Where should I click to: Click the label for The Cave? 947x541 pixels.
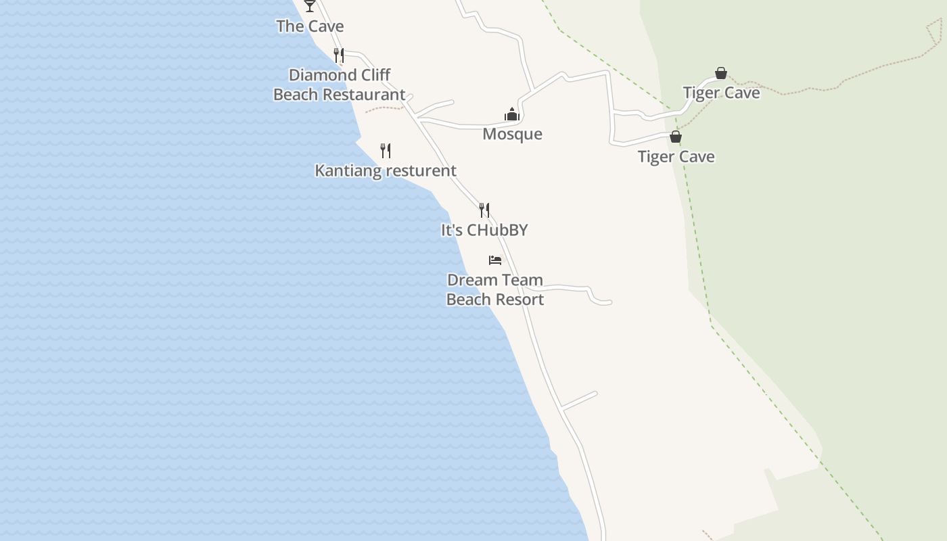pyautogui.click(x=310, y=26)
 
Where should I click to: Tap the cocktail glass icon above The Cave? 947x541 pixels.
pyautogui.click(x=310, y=5)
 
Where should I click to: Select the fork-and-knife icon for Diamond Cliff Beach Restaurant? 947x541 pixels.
pyautogui.click(x=339, y=55)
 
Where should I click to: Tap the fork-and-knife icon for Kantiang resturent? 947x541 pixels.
pyautogui.click(x=386, y=150)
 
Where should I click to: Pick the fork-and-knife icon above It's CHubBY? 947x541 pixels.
pyautogui.click(x=484, y=210)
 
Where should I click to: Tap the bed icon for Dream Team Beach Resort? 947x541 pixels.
pyautogui.click(x=495, y=260)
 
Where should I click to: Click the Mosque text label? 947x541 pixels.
pyautogui.click(x=512, y=134)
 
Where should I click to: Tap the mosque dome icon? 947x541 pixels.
pyautogui.click(x=512, y=114)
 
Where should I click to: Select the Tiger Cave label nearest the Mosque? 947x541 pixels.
pyautogui.click(x=676, y=157)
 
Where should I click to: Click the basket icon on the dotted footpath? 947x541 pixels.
pyautogui.click(x=721, y=73)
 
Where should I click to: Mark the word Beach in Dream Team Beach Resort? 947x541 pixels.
pyautogui.click(x=468, y=300)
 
